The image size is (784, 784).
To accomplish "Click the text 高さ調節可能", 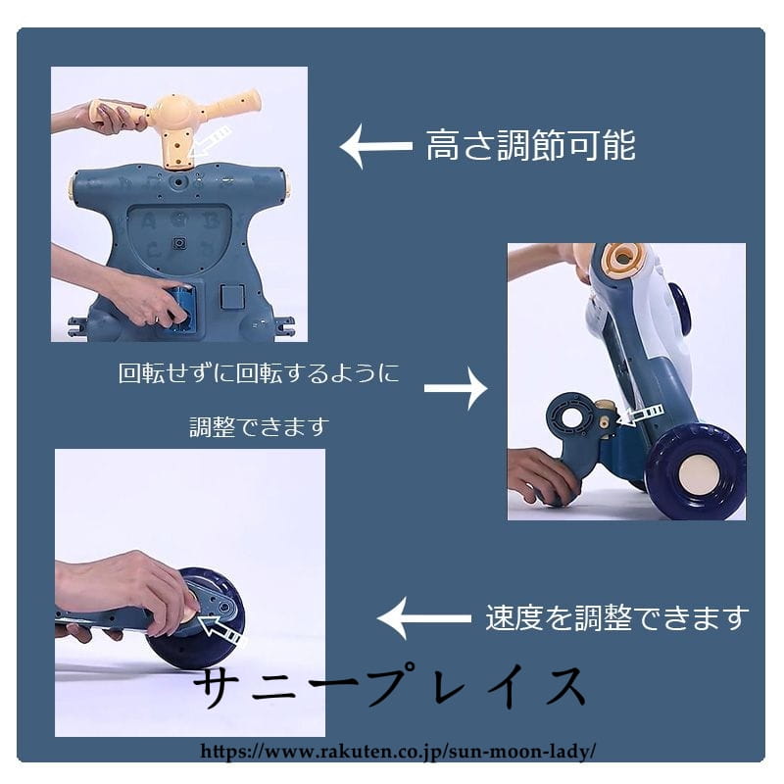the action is (530, 145).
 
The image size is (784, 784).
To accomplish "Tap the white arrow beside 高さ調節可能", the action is (376, 146).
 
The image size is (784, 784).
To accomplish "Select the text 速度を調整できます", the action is (617, 618).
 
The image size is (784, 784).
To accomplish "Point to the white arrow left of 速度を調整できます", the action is (424, 618).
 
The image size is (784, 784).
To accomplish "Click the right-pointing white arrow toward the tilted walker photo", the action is (456, 388).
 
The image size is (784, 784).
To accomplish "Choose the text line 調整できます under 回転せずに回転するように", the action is (259, 427).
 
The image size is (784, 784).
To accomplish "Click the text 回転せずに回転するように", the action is (259, 373).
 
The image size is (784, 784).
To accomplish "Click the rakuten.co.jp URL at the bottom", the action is (398, 751).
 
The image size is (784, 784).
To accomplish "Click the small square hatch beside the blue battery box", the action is (232, 296).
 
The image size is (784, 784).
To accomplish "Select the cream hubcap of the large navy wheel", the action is (700, 475).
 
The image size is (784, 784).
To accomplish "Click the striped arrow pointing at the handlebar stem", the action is (211, 141).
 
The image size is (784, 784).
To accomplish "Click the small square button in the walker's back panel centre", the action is (179, 243).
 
